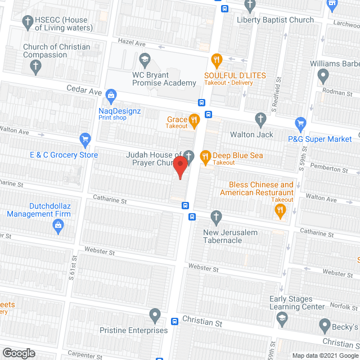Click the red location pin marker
pos(179,168)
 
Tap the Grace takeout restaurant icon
pos(194,119)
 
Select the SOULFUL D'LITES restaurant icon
pos(216,59)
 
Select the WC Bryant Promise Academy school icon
pos(145,59)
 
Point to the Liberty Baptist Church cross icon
pos(251,5)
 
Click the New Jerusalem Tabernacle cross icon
pos(216,217)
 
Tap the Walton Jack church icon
pos(260,119)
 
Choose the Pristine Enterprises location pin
pos(155,314)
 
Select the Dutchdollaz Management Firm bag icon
pos(57,227)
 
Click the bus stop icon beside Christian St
pos(174,322)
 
